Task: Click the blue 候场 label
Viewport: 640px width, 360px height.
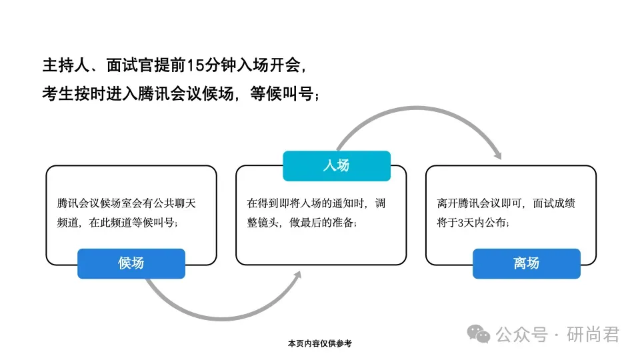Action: coord(131,263)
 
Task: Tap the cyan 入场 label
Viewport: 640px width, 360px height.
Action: coord(336,166)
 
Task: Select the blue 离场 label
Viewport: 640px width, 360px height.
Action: coord(526,263)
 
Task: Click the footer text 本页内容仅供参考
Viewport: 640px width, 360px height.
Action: coord(319,343)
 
